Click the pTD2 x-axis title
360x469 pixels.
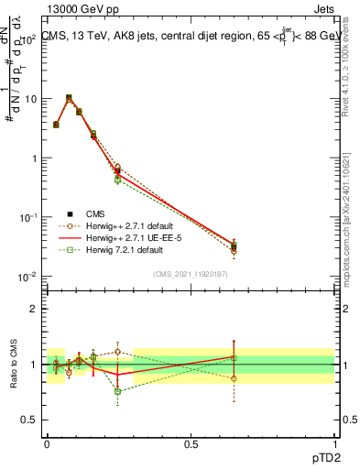tap(320, 455)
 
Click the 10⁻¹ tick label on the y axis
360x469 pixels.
tap(29, 217)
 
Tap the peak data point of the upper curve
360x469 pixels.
tap(69, 97)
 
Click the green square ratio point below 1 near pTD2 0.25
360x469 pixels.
tap(117, 391)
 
